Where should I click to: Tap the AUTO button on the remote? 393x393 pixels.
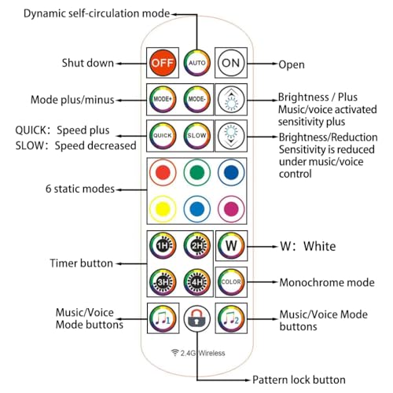click(197, 63)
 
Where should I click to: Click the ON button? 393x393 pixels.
click(231, 63)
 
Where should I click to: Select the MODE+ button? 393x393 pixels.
click(163, 99)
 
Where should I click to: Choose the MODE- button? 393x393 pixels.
click(197, 99)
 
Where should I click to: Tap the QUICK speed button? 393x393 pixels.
click(163, 136)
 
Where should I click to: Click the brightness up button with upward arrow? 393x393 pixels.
click(231, 99)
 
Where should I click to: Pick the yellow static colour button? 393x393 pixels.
click(163, 209)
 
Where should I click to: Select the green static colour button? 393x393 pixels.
click(197, 173)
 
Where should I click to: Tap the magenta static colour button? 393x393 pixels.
click(231, 209)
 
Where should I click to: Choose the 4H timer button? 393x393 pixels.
click(197, 282)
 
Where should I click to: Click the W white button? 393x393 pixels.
click(231, 246)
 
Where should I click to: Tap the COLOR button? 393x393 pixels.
click(231, 282)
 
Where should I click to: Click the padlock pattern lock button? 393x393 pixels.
click(197, 318)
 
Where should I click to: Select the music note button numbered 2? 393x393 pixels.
click(231, 318)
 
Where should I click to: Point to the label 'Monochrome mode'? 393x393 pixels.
click(327, 282)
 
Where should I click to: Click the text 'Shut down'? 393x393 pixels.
click(88, 63)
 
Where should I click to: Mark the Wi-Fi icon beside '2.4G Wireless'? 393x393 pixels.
click(174, 353)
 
